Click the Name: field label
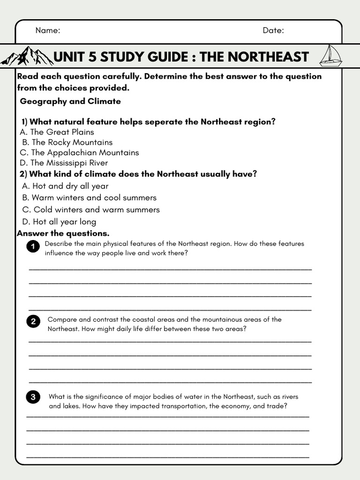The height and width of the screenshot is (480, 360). pos(48,30)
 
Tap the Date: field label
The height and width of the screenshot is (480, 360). pos(273,30)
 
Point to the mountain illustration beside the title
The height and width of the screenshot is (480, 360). pos(27,56)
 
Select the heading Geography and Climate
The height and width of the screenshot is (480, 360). pos(70,101)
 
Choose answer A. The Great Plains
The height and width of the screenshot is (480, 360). pos(57,132)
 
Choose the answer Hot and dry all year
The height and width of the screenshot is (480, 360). pos(65,186)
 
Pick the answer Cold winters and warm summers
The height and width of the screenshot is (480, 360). pos(91,210)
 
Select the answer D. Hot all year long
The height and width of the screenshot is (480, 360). pos(59,222)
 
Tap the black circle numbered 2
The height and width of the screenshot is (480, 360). pos(33,322)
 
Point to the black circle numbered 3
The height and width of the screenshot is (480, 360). pos(33,397)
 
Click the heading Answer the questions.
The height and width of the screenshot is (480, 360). pos(63,233)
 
